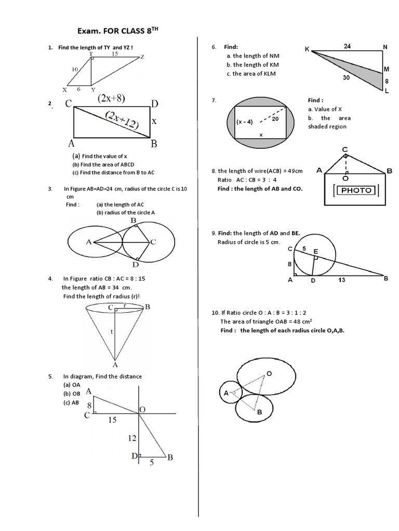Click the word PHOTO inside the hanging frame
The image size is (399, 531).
356,190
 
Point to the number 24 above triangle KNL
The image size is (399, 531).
347,46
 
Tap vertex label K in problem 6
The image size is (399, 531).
307,49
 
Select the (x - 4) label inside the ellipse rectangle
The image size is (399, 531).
244,122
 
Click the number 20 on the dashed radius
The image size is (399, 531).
275,118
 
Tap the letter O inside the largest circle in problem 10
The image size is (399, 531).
269,373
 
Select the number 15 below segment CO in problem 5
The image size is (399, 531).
112,420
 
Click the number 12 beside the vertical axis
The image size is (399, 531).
132,438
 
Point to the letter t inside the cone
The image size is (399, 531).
112,330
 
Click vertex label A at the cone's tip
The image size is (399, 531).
115,365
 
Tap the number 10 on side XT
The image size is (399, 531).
75,69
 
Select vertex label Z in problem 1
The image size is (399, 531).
142,57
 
